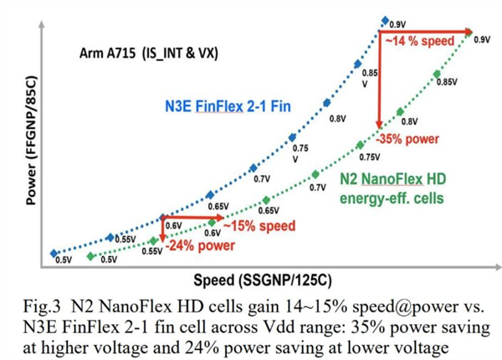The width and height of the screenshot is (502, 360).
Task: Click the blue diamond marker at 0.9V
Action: coord(384,20)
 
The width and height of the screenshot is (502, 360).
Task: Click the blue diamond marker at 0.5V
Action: coord(54,252)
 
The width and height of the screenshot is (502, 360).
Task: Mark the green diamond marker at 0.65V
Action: coord(265,199)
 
